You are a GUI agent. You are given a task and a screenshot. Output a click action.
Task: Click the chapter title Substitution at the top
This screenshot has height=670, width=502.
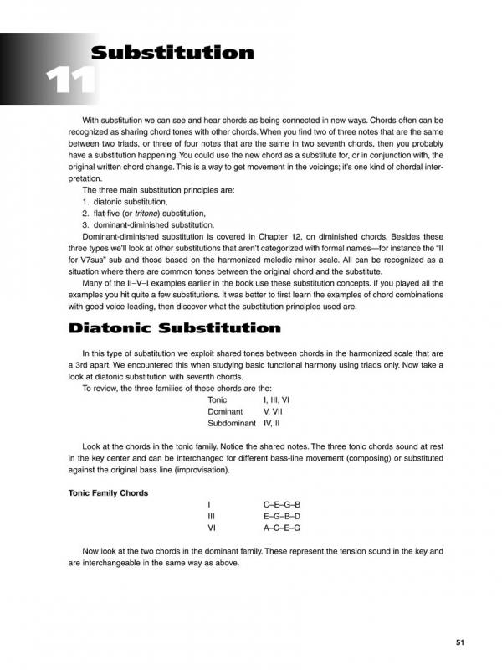tap(172, 54)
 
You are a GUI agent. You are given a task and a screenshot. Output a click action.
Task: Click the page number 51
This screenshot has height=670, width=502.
tap(459, 642)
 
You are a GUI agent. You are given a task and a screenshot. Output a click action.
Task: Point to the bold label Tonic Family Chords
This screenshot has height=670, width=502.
tap(108, 492)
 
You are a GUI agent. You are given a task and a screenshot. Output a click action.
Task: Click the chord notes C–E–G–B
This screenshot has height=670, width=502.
tap(281, 505)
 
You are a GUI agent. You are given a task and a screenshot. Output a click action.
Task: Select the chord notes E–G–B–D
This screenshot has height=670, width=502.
tap(281, 517)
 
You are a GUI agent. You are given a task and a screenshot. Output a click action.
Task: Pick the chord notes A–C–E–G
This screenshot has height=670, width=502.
tap(281, 528)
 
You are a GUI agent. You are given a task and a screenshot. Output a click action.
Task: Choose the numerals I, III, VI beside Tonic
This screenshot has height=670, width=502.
tap(277, 400)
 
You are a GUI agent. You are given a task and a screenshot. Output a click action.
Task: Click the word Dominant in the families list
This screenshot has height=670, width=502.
tap(225, 412)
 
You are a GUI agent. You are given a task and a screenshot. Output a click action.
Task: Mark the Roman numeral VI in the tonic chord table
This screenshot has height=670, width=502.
tap(213, 528)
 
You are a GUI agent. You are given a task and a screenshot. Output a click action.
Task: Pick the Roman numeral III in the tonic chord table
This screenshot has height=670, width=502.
tap(212, 517)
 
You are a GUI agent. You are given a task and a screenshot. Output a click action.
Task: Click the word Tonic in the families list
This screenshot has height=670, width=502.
tap(218, 400)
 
